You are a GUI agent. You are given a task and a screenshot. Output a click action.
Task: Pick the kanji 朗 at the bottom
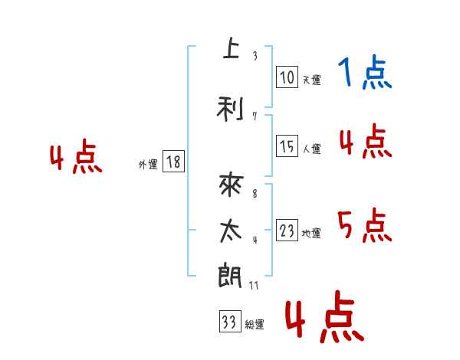coord(230,275)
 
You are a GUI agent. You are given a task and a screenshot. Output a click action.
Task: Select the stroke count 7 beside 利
coord(254,116)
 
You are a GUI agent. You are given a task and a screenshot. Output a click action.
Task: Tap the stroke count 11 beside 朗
coord(255,285)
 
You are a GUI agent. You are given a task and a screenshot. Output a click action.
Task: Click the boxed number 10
coord(287,77)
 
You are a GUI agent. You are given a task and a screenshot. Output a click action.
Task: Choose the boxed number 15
coord(287,146)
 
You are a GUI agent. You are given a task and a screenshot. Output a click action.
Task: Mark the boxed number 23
coord(287,231)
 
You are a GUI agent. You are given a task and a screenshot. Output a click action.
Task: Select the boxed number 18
coord(173,162)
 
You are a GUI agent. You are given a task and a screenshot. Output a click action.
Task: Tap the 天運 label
coord(311,80)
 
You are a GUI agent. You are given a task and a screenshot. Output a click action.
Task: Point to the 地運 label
coord(311,233)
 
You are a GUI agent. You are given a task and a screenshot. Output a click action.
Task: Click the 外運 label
coord(148,164)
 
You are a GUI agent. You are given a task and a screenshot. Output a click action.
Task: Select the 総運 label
coord(255,325)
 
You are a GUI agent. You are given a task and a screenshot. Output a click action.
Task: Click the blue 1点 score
coord(365,74)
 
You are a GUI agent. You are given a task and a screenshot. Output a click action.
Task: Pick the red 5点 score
coord(365,226)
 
